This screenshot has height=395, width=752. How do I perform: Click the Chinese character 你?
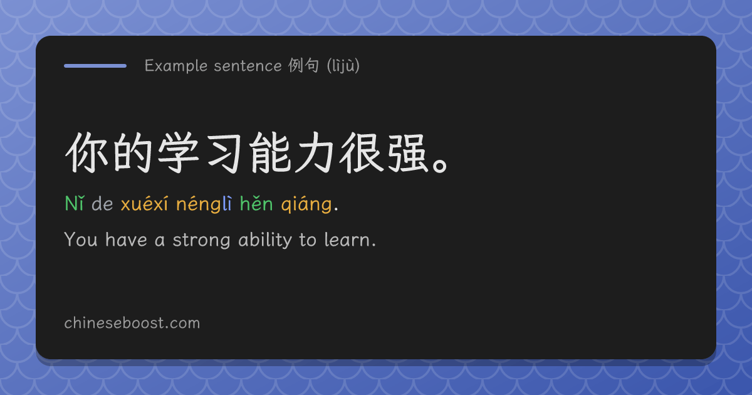click(86, 152)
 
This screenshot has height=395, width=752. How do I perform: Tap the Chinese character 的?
click(132, 152)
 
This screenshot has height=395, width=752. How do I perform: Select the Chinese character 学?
click(178, 152)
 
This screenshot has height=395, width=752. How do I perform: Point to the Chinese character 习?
click(224, 153)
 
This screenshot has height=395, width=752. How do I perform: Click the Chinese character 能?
click(270, 152)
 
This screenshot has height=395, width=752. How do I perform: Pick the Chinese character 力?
click(315, 152)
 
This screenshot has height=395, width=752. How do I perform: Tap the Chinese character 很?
click(361, 152)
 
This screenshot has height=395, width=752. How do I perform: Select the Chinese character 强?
click(407, 152)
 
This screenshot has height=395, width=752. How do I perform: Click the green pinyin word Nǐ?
click(74, 203)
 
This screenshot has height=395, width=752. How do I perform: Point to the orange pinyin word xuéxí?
click(144, 203)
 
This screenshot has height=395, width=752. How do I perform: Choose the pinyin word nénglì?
click(204, 204)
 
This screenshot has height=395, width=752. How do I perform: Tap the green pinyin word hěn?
click(256, 203)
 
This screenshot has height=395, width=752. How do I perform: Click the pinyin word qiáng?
click(306, 204)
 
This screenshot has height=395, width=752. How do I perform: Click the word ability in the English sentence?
click(265, 240)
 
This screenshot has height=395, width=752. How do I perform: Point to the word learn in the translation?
click(347, 240)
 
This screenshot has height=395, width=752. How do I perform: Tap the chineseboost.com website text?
click(132, 323)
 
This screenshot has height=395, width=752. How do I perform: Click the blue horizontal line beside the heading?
click(95, 66)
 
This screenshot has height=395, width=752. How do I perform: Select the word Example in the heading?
click(176, 66)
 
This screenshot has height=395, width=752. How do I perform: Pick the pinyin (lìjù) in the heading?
click(343, 65)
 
